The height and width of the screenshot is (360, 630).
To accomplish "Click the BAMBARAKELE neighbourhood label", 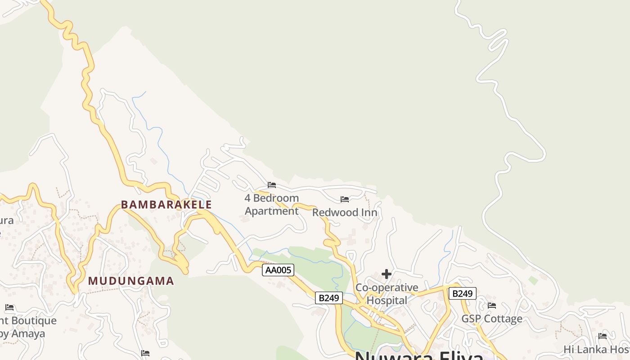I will click(166, 205).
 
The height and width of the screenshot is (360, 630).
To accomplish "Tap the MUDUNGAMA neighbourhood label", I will click(131, 281).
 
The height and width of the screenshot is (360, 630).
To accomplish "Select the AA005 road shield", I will click(278, 270).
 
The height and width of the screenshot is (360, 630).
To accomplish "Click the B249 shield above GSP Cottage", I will click(462, 294).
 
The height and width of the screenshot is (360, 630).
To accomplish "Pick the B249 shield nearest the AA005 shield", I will click(328, 297).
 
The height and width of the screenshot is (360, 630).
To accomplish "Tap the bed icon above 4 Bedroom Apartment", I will click(272, 185).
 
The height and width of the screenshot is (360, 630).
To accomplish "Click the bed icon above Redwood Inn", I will click(345, 199).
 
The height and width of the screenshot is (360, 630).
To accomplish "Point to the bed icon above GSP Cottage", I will click(492, 306).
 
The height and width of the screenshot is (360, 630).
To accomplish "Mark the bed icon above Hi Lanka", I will click(603, 336).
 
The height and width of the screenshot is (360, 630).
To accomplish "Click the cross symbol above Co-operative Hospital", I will click(387, 274).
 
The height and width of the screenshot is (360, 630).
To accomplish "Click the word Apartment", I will click(272, 211).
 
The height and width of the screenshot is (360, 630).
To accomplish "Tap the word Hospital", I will click(387, 300).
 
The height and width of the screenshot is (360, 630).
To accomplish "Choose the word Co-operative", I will click(387, 288).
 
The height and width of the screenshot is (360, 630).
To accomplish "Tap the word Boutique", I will click(34, 321).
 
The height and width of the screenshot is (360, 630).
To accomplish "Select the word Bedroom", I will click(276, 198).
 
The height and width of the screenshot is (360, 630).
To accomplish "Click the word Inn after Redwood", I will click(369, 212).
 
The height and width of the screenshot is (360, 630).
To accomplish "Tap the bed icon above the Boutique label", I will click(9, 308).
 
